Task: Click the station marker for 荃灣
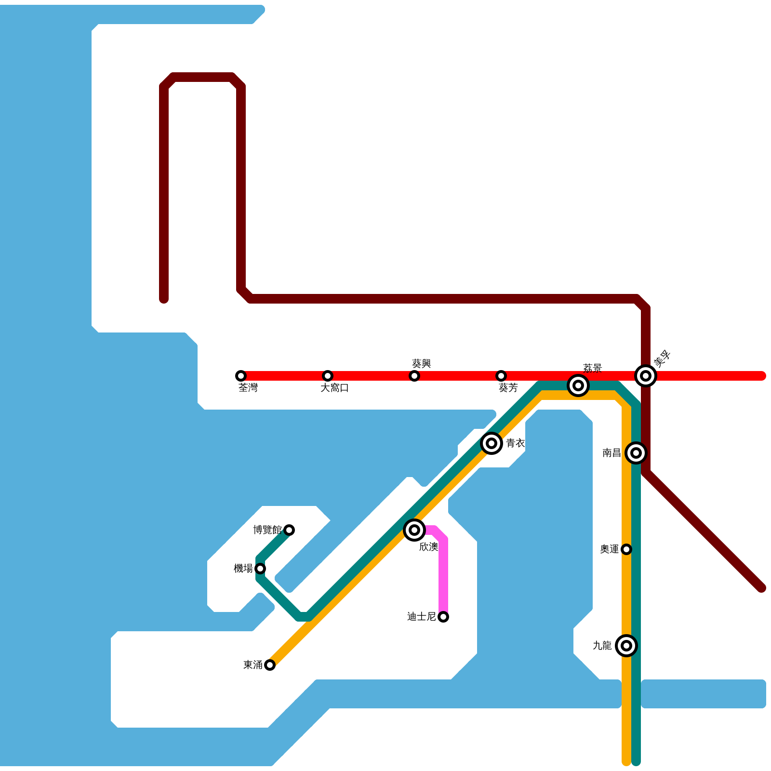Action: click(241, 376)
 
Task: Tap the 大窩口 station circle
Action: click(328, 376)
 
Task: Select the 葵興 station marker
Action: click(414, 376)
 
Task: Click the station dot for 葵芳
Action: click(501, 376)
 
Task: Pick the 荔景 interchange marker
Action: click(578, 385)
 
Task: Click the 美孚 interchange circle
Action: click(646, 376)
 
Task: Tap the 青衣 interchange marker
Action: click(492, 443)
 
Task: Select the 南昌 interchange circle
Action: click(636, 453)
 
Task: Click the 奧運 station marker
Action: click(626, 549)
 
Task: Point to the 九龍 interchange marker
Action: click(626, 646)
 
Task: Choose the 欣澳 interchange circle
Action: click(414, 530)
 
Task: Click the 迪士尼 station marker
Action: click(443, 617)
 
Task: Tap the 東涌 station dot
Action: click(270, 665)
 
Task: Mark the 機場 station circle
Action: click(260, 569)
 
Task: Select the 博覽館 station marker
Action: click(289, 530)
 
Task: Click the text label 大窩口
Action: click(334, 388)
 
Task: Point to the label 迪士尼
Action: click(421, 617)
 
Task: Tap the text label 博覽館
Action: click(267, 530)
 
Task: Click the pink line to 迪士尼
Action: click(443, 573)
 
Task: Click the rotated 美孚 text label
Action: click(662, 359)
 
